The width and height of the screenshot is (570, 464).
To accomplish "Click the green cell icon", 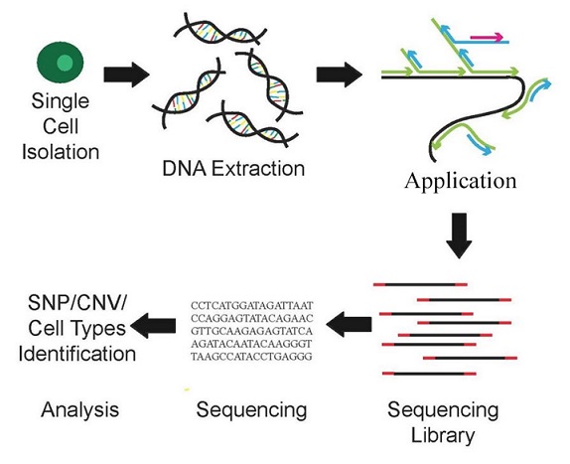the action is point(61,62).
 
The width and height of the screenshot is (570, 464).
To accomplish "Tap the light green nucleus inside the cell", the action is point(65,63).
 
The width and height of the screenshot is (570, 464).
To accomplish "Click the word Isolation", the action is point(61,152).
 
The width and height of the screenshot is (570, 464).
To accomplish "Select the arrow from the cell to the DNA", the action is point(126,75).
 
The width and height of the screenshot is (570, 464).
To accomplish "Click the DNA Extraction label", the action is point(233,169).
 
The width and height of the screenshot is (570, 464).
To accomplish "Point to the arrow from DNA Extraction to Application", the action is point(340,75).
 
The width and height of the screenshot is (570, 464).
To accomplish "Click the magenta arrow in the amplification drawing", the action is point(487,37).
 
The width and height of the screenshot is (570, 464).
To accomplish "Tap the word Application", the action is point(460,181).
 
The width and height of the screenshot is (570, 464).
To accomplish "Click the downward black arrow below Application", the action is point(459,235).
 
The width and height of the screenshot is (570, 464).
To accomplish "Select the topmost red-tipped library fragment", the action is point(420,284).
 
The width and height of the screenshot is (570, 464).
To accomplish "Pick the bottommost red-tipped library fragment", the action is point(429,374).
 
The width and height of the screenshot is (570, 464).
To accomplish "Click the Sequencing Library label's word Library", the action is point(443,435).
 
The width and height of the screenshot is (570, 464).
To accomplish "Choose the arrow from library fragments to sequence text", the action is point(349,324).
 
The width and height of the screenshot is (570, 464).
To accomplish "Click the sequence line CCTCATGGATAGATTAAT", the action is point(251,305).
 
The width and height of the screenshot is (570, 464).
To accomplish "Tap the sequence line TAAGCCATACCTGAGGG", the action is point(251,357).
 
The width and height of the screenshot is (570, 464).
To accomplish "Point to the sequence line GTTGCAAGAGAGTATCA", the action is point(251,331).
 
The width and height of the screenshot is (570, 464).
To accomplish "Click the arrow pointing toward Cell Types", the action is point(153,326).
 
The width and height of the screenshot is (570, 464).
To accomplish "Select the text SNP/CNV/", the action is point(77,303).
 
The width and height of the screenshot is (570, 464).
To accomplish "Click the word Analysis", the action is point(80,409).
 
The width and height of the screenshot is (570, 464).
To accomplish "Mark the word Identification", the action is point(77,354).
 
